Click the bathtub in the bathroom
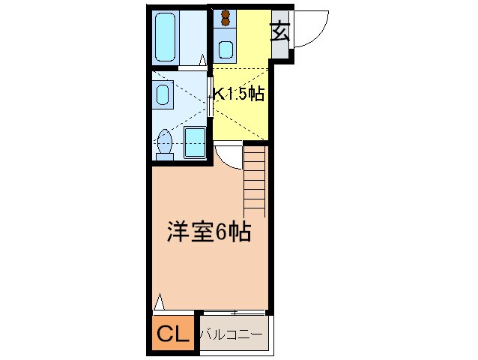click(167, 35)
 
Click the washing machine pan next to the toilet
click(196, 142)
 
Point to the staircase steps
click(255, 180)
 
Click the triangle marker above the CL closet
click(158, 304)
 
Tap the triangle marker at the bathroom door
click(203, 58)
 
